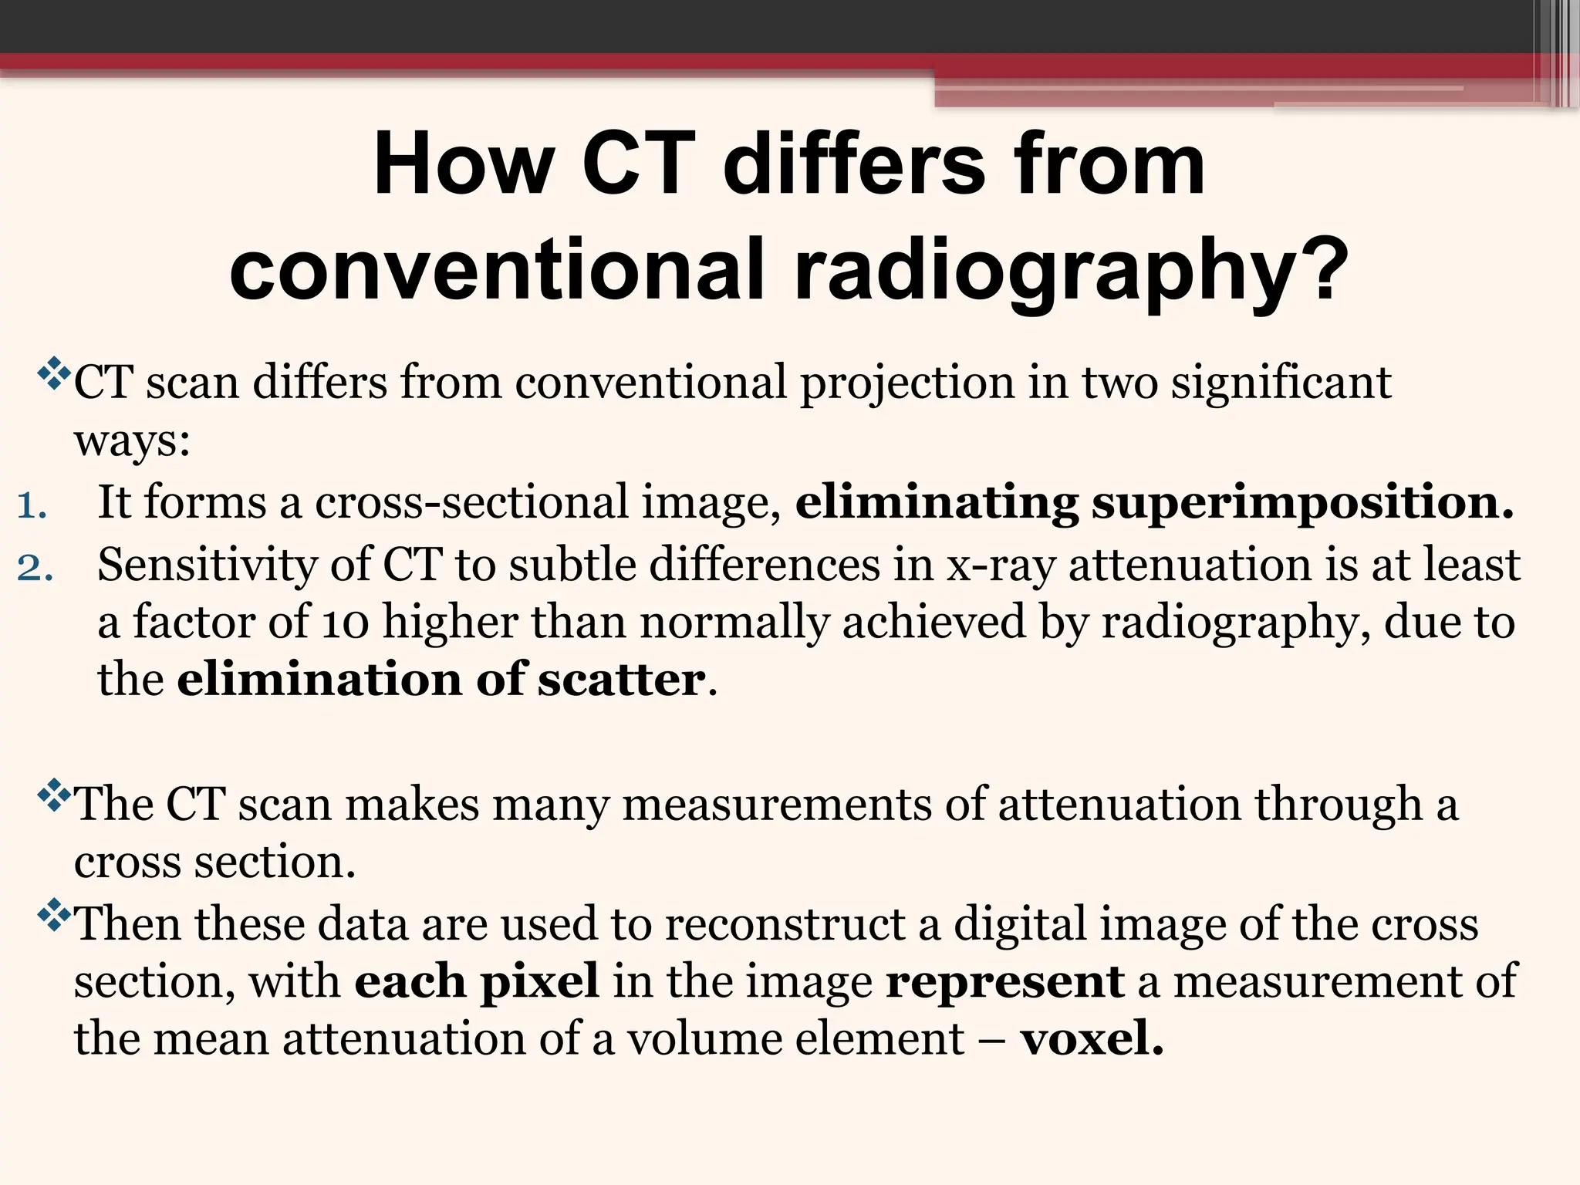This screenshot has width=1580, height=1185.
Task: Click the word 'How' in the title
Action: pyautogui.click(x=464, y=164)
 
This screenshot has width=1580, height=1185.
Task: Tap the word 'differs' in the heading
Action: pyautogui.click(x=855, y=164)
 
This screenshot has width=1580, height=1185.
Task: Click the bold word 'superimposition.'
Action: pyautogui.click(x=1302, y=502)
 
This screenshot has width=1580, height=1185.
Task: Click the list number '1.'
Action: pyautogui.click(x=32, y=506)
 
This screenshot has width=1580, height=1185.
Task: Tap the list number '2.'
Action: pyautogui.click(x=35, y=568)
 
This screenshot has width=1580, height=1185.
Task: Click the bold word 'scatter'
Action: pyautogui.click(x=621, y=680)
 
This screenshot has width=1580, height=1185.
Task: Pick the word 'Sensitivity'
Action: pyautogui.click(x=207, y=565)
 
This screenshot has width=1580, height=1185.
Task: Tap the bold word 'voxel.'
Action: pyautogui.click(x=1092, y=1038)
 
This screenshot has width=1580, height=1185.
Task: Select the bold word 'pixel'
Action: pyautogui.click(x=539, y=981)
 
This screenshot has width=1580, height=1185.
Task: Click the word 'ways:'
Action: pyautogui.click(x=132, y=443)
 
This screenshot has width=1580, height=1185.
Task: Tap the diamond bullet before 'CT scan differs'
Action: pyautogui.click(x=54, y=373)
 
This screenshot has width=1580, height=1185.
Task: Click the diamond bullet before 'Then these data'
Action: pyautogui.click(x=54, y=915)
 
